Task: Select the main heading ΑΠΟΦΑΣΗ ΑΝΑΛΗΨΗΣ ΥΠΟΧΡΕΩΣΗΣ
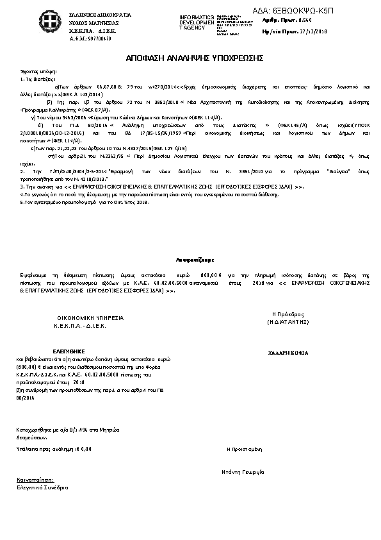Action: click(191, 58)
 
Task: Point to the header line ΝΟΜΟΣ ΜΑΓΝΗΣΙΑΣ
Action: click(87, 22)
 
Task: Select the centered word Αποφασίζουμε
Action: click(191, 260)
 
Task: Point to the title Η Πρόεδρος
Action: click(288, 314)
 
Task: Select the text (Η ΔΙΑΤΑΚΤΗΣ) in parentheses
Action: click(288, 324)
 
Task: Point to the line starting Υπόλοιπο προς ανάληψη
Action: click(54, 449)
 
